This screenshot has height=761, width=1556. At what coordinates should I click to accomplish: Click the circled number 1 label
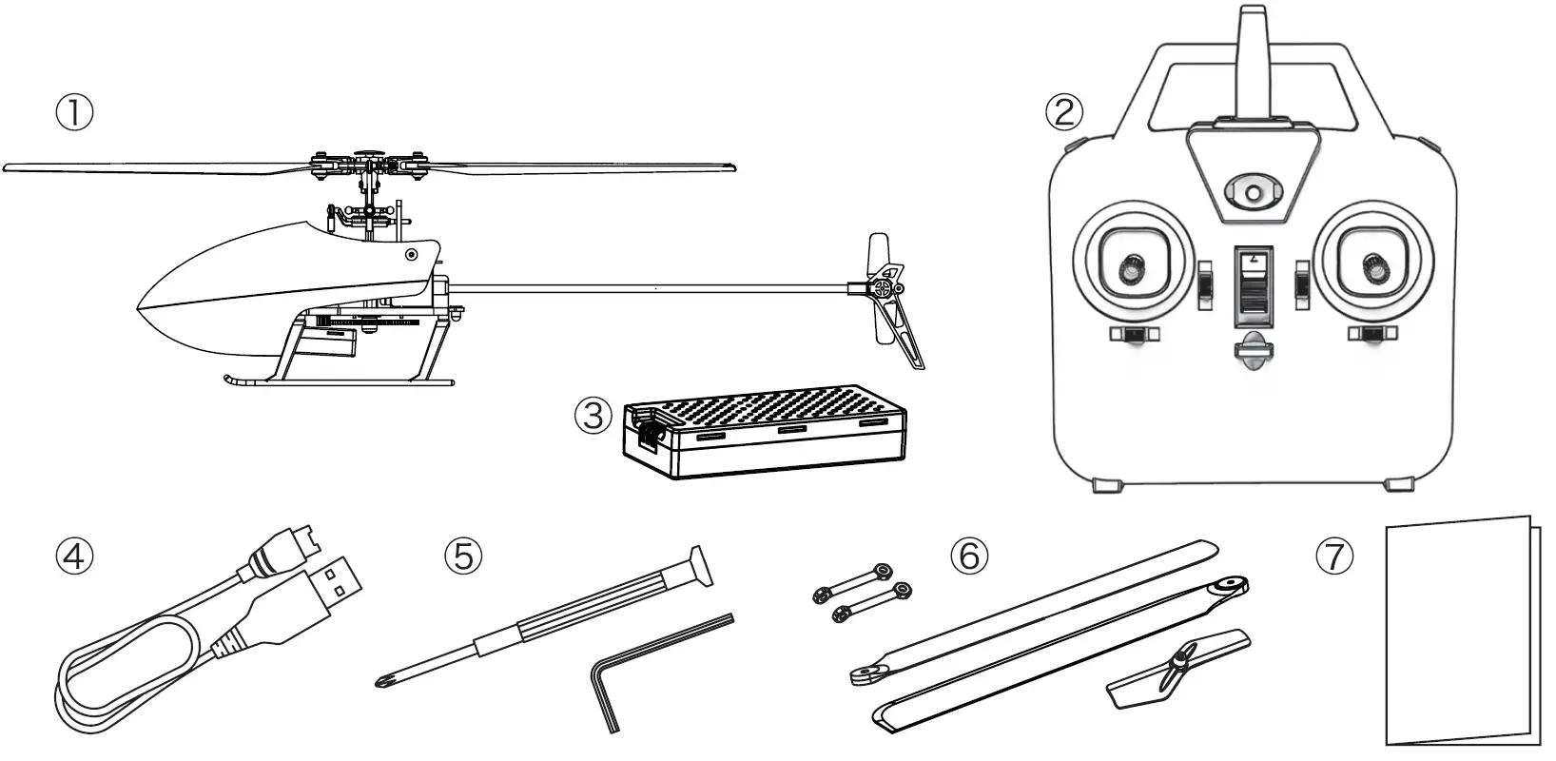click(73, 113)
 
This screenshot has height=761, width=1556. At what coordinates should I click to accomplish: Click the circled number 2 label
click(1064, 112)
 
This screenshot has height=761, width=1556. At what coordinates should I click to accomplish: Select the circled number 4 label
click(73, 556)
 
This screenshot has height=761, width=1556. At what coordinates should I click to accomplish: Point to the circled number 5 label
click(463, 556)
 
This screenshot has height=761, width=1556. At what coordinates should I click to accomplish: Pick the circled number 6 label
click(969, 556)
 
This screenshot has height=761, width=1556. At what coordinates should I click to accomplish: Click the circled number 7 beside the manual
click(1334, 556)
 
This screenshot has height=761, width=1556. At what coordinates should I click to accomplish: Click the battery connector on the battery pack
click(650, 431)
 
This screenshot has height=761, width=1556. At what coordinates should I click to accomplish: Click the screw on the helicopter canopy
click(411, 254)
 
